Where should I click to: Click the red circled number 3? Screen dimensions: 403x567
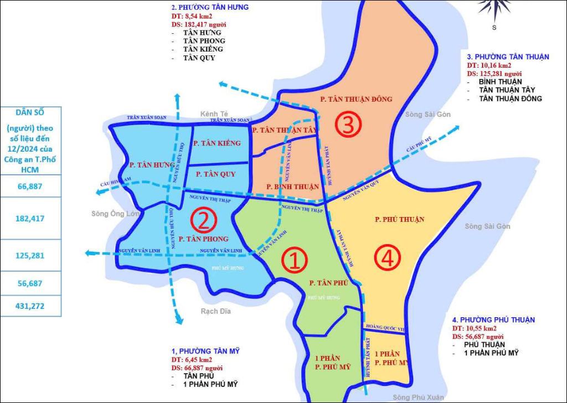click(348, 127)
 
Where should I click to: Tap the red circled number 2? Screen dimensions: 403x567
click(203, 221)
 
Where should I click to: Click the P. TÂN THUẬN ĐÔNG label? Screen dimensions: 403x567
click(356, 99)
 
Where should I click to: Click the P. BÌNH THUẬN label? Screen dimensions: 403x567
click(292, 187)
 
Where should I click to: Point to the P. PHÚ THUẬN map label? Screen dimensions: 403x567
click(399, 219)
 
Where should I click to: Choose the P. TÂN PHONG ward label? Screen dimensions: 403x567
click(203, 239)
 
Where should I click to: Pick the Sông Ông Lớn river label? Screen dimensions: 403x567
click(115, 213)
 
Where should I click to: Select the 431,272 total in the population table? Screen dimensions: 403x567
click(31, 305)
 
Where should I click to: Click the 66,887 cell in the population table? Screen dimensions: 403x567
click(30, 186)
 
